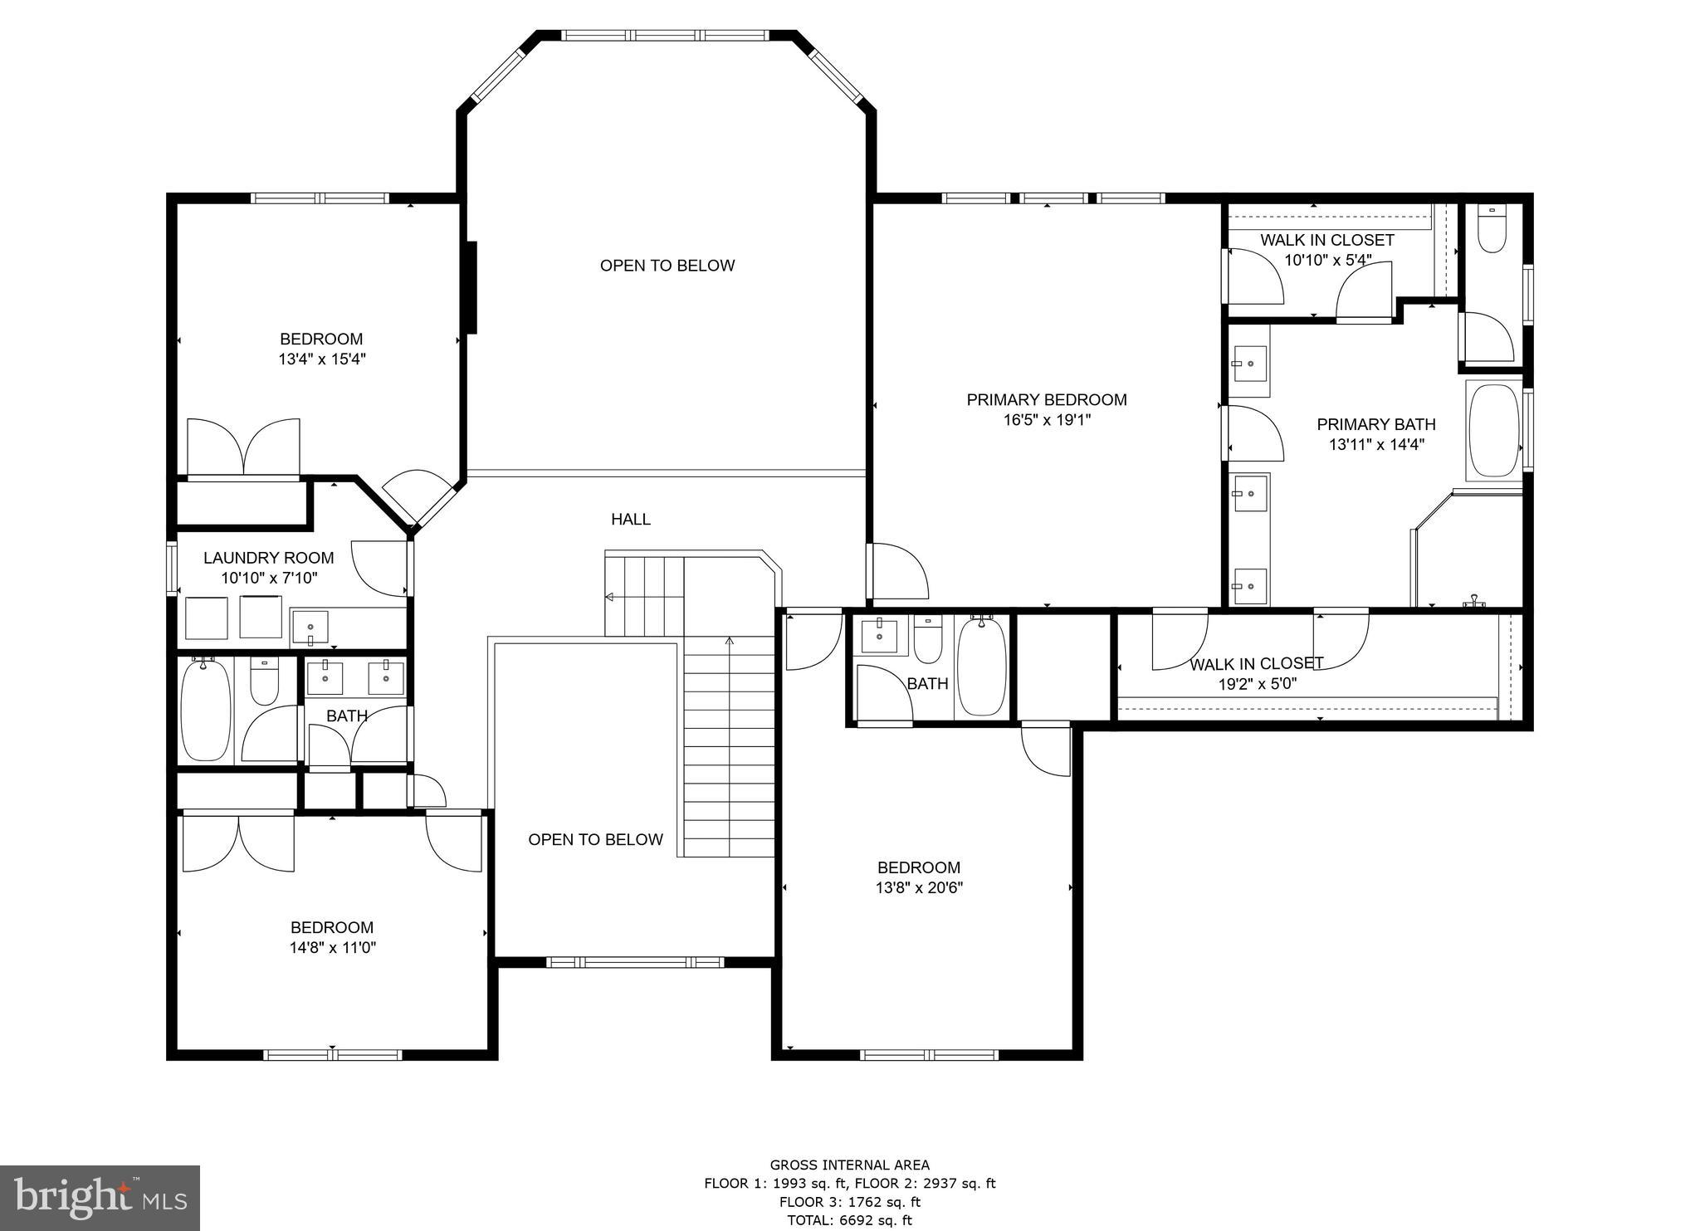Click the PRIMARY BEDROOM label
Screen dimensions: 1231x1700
[1046, 400]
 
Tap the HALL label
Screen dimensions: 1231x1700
[631, 520]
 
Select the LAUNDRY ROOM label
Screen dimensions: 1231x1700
[268, 558]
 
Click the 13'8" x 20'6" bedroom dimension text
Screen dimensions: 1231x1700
[919, 888]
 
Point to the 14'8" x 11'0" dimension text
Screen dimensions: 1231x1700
[332, 948]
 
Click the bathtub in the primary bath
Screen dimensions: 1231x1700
[1493, 430]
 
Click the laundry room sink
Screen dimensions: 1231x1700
[310, 627]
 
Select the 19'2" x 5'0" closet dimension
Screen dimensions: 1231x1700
[1257, 685]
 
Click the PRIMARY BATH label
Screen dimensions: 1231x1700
[1375, 425]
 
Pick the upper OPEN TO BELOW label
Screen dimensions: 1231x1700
[667, 266]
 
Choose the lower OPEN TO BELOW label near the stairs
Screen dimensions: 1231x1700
[595, 840]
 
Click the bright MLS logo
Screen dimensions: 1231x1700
[100, 1198]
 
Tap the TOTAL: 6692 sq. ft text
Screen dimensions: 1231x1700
[849, 1220]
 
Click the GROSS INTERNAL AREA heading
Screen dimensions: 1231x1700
[849, 1165]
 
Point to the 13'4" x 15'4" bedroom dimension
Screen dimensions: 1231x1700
[322, 359]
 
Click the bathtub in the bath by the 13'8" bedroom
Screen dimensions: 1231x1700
[982, 667]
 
